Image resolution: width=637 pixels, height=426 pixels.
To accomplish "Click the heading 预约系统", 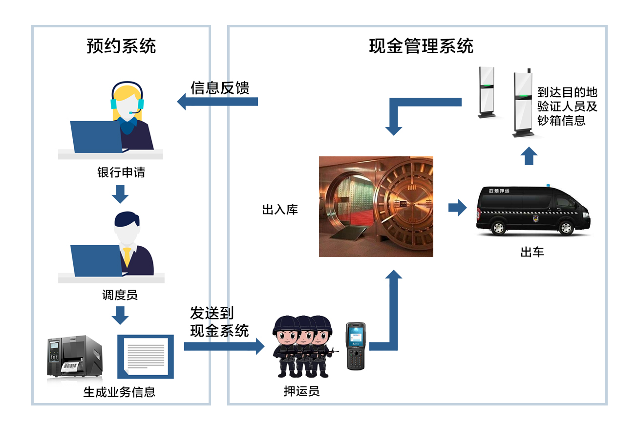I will coord(121,46).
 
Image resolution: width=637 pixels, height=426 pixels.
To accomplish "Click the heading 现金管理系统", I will coord(421,46).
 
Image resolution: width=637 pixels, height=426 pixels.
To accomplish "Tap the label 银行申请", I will coord(121,173).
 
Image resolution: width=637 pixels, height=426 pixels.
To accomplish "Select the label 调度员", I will coord(120,295).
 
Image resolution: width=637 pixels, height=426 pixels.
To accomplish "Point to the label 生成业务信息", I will coord(119,392).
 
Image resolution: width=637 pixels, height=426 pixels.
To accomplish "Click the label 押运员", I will coord(301,391).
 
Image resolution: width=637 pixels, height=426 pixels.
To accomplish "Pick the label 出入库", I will coord(280,210).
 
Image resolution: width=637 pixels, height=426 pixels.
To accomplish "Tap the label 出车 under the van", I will coord(532,252).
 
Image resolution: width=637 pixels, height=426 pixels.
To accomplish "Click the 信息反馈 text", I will coord(220,88).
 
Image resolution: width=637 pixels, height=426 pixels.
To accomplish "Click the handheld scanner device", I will coord(356,346).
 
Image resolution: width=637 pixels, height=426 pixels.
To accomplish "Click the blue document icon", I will coord(146,356).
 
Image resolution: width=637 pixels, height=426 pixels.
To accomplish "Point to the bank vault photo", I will coord(376,206).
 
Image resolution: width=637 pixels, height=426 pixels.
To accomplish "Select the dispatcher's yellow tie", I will coord(127,256).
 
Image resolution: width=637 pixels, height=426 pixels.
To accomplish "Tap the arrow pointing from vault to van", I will coord(457,207).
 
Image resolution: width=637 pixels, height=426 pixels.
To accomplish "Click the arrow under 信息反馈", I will coord(217,102).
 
